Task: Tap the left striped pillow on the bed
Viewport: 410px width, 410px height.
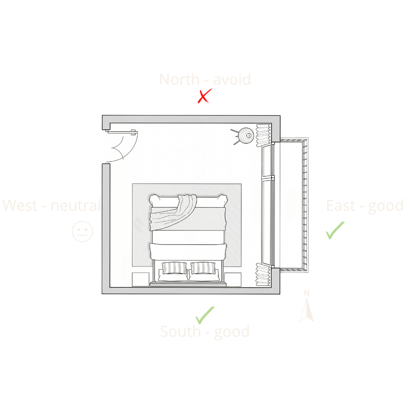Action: click(175, 268)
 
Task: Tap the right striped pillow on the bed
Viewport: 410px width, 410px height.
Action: click(203, 268)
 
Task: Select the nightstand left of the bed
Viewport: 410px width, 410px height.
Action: click(140, 279)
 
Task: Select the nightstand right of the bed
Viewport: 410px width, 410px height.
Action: click(233, 279)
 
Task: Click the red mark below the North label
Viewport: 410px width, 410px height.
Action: click(208, 98)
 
